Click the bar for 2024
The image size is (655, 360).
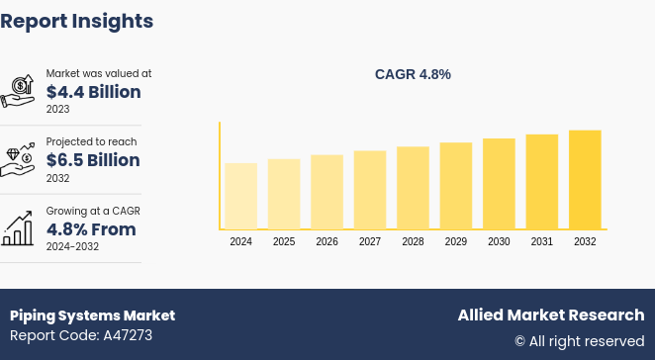(x=240, y=196)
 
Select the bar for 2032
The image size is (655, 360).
(x=585, y=180)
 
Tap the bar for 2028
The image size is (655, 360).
(x=413, y=188)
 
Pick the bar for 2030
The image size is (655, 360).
(x=499, y=184)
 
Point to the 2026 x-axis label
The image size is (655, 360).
(x=327, y=242)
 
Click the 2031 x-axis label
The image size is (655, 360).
(x=542, y=242)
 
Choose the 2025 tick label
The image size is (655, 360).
(x=284, y=242)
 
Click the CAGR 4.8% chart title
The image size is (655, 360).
(x=413, y=74)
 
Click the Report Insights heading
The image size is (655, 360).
(x=77, y=21)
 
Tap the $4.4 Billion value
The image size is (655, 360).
(x=93, y=92)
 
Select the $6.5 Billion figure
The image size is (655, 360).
(x=93, y=160)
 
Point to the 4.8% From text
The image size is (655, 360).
(x=91, y=229)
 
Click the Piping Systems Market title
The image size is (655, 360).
(x=92, y=315)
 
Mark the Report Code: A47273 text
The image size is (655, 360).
(x=81, y=335)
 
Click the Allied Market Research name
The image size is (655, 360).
(x=550, y=315)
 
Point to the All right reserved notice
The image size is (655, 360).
(x=579, y=341)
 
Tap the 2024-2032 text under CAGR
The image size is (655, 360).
(x=72, y=246)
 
